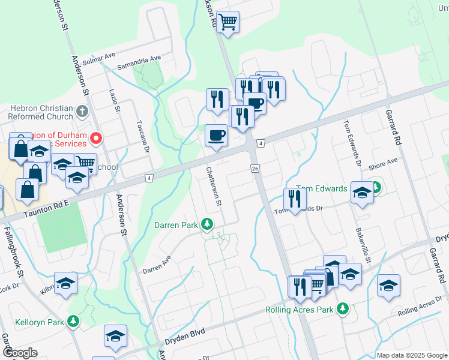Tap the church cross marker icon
click(x=83, y=112)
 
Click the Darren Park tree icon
click(x=207, y=224)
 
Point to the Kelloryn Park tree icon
click(x=73, y=322)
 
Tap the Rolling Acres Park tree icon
click(x=343, y=309)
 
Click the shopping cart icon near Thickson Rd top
click(x=228, y=22)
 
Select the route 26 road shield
click(x=256, y=169)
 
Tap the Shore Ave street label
click(x=384, y=164)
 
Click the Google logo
click(x=20, y=353)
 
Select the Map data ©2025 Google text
click(x=411, y=355)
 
